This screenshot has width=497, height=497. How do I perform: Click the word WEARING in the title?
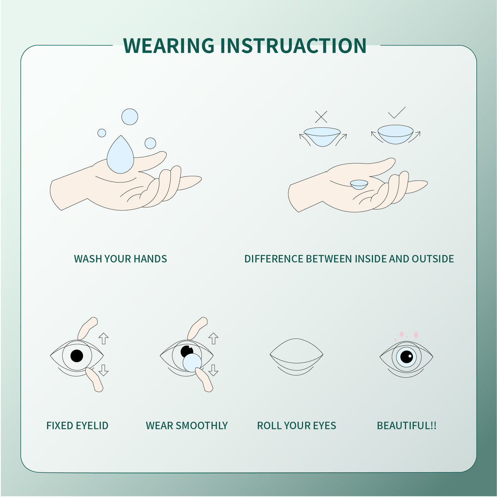coord(169,45)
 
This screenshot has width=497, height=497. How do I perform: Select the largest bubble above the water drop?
coord(130,117)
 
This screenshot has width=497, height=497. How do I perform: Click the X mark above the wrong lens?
coord(321,117)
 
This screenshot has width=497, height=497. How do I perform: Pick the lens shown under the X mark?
coord(323,136)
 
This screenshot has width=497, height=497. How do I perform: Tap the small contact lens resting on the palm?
coord(359,184)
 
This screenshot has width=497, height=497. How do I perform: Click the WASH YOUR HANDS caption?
coord(120,259)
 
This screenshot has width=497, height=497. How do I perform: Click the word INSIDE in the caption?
coord(370,259)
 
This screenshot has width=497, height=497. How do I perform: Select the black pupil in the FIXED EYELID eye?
coord(77,356)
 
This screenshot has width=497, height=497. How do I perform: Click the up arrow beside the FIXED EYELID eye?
coord(104,338)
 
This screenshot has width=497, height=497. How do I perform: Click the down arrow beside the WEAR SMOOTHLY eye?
coord(213,370)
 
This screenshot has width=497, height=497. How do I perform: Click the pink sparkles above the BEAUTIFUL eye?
coord(408,335)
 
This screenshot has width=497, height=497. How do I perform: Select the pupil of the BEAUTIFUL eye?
coord(406,356)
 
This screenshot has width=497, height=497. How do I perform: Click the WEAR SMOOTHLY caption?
coord(187,426)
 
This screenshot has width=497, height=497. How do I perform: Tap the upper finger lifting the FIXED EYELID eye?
coord(88,327)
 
